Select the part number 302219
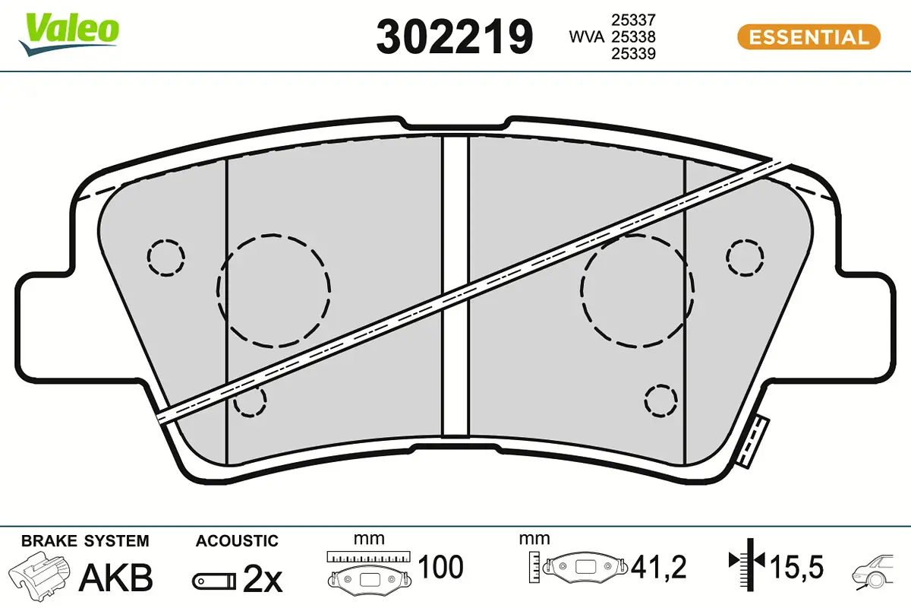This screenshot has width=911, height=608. click(454, 36)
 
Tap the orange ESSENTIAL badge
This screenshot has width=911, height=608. click(808, 36)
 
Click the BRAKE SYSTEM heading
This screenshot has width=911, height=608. click(85, 541)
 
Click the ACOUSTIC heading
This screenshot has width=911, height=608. click(237, 541)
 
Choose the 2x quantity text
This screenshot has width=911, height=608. click(262, 579)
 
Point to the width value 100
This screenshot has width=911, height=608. click(441, 567)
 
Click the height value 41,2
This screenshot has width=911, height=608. click(658, 567)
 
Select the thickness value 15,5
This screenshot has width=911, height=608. click(797, 567)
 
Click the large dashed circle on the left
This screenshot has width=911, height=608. click(273, 289)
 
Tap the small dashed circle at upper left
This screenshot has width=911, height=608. click(166, 258)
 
